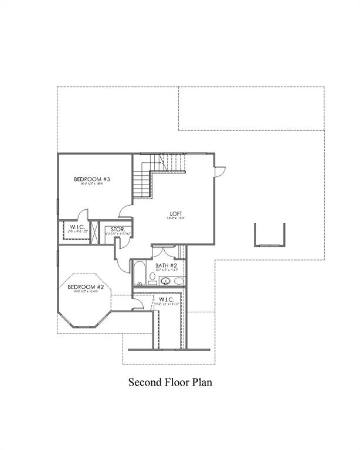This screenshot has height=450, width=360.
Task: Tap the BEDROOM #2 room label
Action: pyautogui.click(x=86, y=287)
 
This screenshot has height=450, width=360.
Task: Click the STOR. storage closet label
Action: pyautogui.click(x=117, y=229)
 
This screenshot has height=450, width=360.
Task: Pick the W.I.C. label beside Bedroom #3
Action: pyautogui.click(x=79, y=227)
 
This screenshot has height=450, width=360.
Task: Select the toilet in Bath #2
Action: pyautogui.click(x=179, y=282)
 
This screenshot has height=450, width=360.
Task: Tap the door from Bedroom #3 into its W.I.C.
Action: pyautogui.click(x=84, y=216)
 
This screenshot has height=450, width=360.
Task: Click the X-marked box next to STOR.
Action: pyautogui.click(x=98, y=230)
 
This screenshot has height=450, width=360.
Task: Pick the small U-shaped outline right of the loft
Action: pyautogui.click(x=269, y=235)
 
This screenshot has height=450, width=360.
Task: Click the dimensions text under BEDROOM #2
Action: pyautogui.click(x=86, y=292)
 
